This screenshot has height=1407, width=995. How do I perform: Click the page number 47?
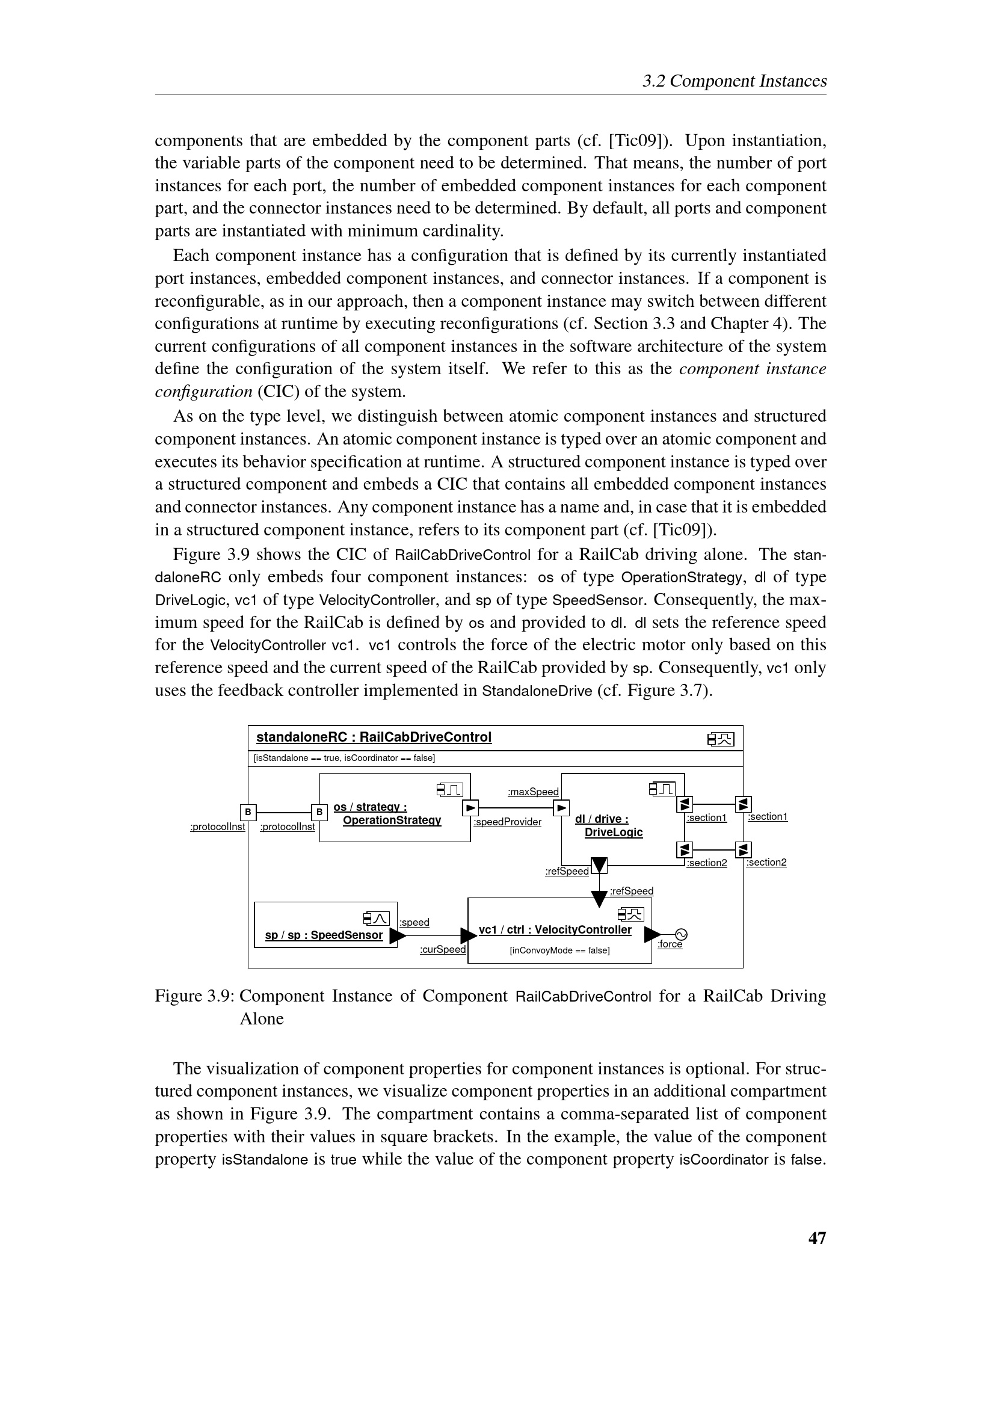click(817, 1238)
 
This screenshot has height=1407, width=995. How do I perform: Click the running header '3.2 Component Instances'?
click(734, 81)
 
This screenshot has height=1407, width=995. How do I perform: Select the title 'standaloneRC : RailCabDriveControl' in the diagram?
click(374, 737)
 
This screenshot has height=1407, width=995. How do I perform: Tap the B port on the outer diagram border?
click(248, 812)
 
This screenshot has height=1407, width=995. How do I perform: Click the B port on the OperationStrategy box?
click(319, 813)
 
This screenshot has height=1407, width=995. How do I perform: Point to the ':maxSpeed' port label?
click(533, 792)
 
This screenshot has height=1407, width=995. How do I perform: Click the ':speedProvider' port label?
click(507, 822)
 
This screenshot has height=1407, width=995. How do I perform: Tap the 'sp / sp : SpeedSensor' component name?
click(324, 935)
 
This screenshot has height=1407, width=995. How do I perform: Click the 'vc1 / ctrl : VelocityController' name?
click(555, 929)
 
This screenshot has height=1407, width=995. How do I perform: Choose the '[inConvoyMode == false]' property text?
click(559, 950)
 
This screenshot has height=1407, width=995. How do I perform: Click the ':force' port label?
click(670, 944)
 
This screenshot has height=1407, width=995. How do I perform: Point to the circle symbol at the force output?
click(681, 935)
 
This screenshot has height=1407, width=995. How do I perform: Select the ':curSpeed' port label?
click(442, 949)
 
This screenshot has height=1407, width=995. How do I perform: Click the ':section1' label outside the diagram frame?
click(768, 816)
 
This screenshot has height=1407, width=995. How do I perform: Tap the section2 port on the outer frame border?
click(743, 850)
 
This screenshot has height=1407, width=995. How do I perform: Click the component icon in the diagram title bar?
click(721, 739)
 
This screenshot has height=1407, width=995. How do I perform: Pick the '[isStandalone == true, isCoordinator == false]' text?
click(344, 758)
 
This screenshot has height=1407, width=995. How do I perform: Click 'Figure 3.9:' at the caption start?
click(195, 996)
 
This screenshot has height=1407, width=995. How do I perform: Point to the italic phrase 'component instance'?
click(753, 368)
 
